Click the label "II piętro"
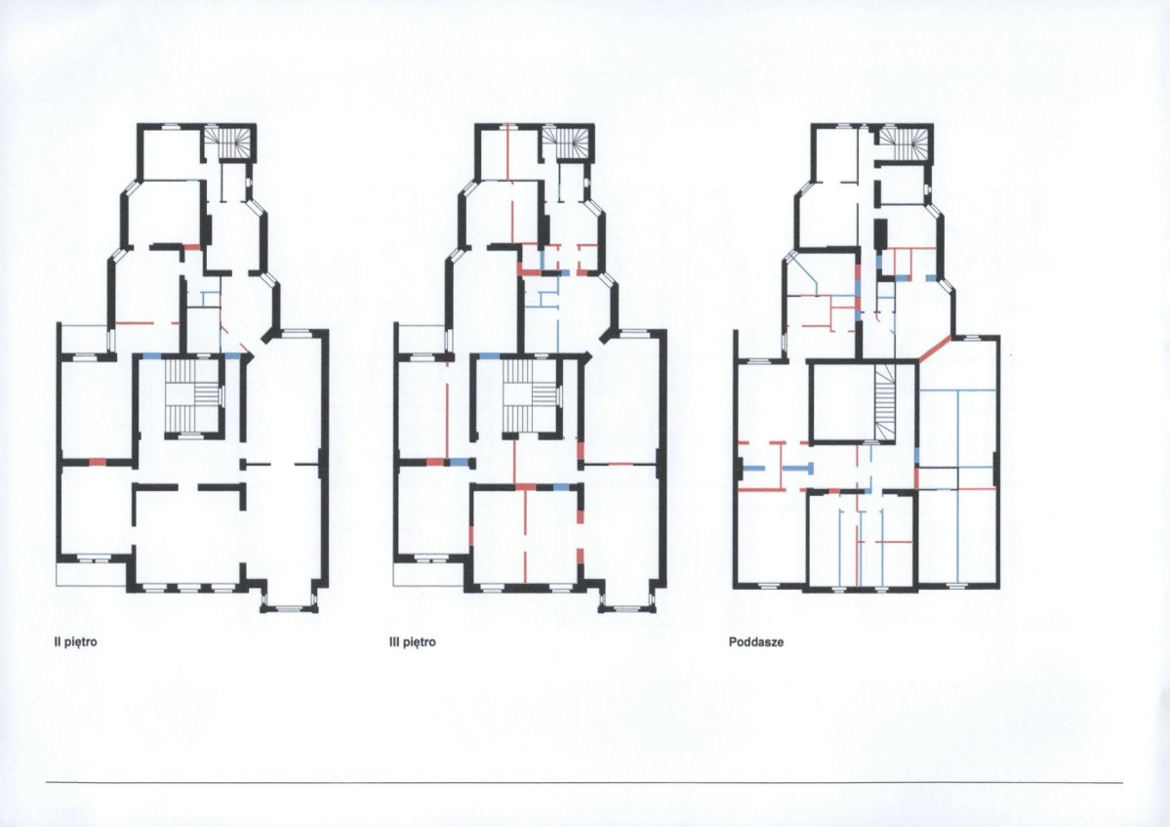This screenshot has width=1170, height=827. pos(75,641)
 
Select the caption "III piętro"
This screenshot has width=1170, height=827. pos(413,641)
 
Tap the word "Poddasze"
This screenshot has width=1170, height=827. pos(756,641)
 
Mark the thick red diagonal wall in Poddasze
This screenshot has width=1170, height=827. pos(934,350)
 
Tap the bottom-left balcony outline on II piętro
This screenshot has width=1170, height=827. pos(92,572)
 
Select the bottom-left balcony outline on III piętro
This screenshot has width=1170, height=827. pos(429,572)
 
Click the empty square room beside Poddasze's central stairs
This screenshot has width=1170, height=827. pos(842,403)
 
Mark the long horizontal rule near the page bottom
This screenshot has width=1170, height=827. pos(585,782)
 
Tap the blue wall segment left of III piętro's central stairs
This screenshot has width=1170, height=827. pos(489,356)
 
